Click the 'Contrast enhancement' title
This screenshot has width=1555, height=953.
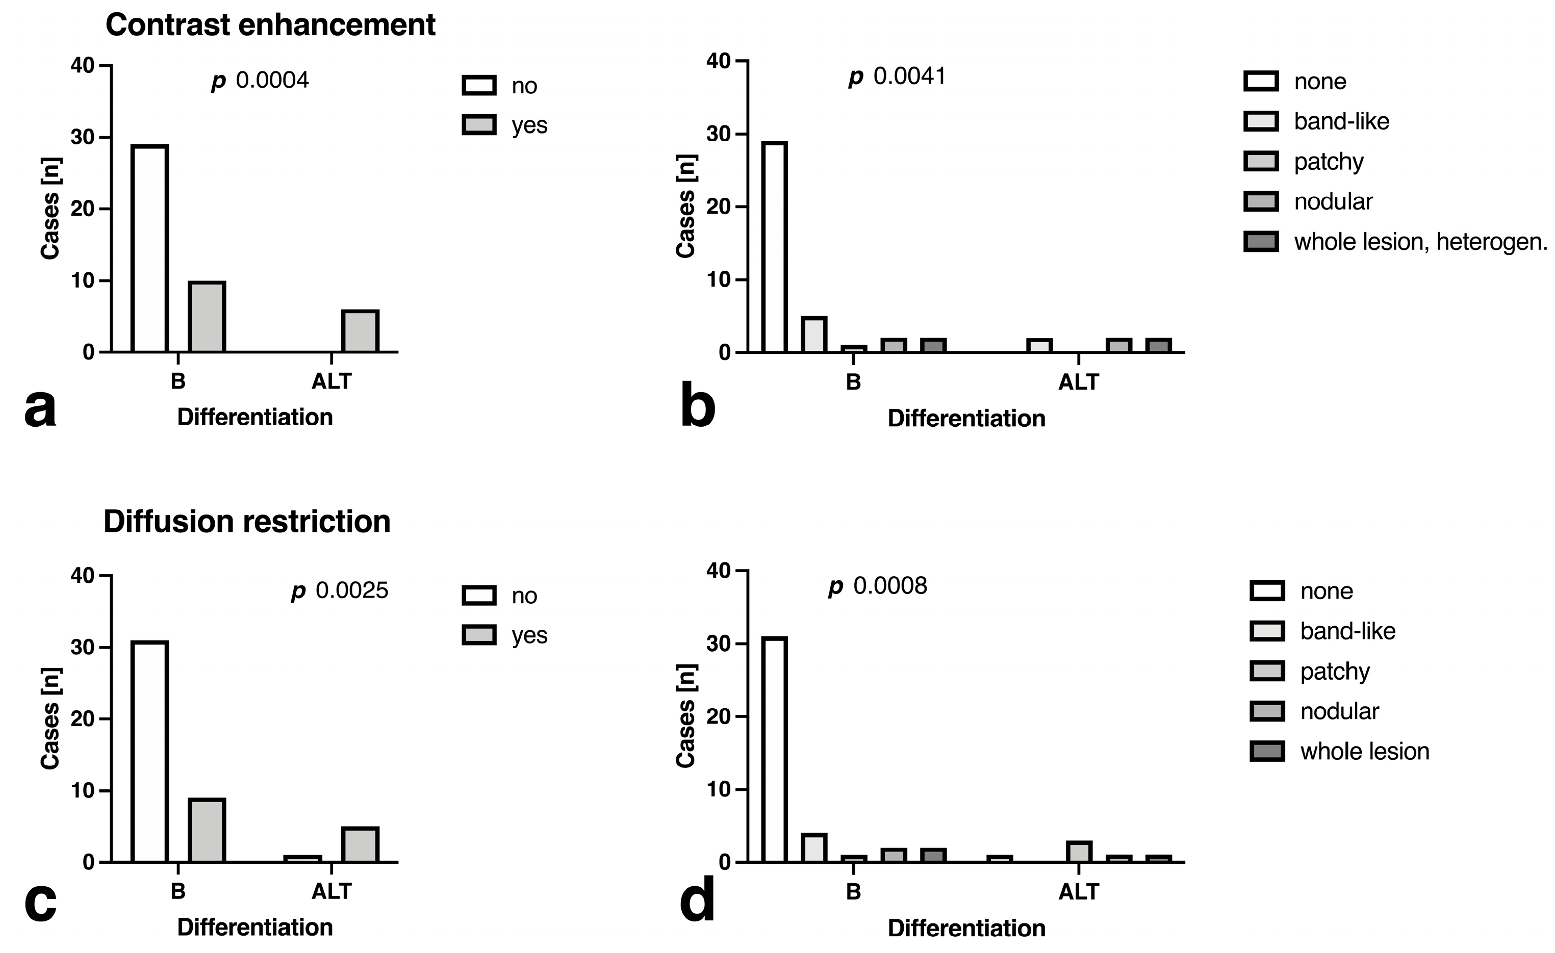[270, 25]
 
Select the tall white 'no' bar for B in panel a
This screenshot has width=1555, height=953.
[149, 249]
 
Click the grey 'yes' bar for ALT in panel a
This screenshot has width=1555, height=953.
[360, 331]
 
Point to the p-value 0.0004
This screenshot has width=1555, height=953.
[260, 81]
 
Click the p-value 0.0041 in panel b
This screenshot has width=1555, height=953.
[898, 76]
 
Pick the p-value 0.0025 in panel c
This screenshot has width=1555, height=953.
[340, 591]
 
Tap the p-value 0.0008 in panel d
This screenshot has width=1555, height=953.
[878, 586]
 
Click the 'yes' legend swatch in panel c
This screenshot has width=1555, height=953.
[479, 635]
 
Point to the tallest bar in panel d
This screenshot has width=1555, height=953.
[774, 750]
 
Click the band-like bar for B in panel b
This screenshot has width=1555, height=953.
[814, 334]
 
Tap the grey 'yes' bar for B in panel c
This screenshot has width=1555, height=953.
[207, 831]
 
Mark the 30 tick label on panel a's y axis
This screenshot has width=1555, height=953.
[82, 138]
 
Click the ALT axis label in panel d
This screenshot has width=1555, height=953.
[1079, 892]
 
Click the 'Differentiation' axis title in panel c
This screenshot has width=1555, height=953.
[255, 927]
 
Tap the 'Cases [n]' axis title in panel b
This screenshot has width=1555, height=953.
[685, 207]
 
